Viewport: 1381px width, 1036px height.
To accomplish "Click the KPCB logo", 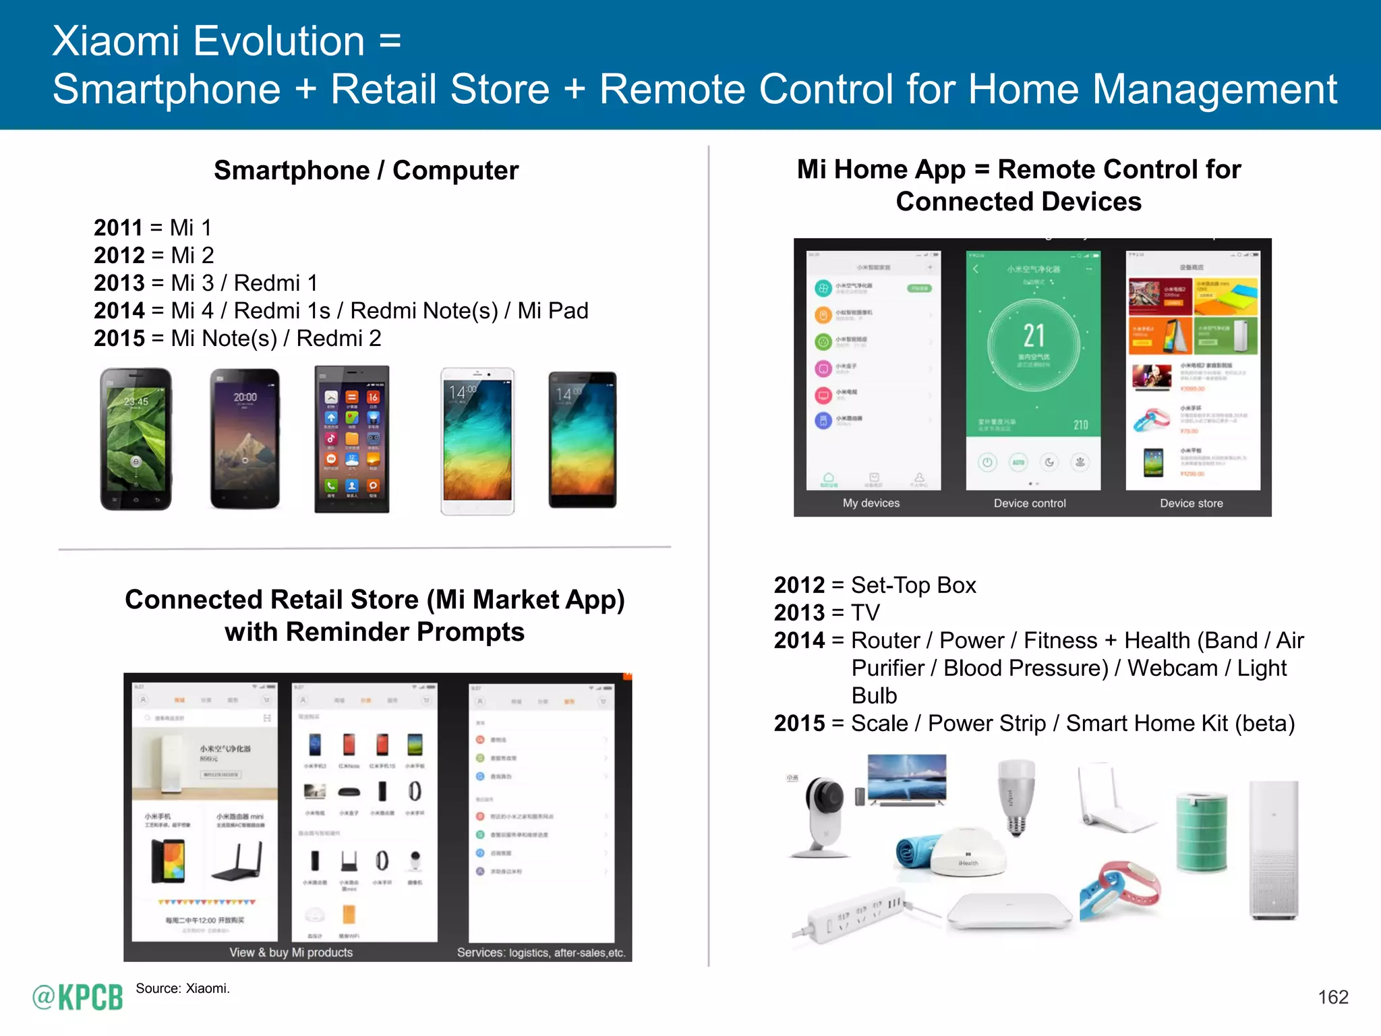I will pos(78,997).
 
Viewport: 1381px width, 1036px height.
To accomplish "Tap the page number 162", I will pos(1332,997).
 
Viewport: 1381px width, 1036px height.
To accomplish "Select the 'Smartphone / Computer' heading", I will pos(366,170).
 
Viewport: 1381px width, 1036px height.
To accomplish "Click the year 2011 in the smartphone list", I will pos(118,228).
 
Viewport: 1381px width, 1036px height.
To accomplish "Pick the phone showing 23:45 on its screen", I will pos(136,438).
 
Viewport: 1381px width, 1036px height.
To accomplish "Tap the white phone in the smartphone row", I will pos(477,441).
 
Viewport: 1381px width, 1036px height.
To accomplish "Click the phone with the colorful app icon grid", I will pos(352,440).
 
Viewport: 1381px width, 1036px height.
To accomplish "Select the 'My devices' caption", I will pos(871,503).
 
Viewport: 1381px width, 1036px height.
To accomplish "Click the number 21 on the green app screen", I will pos(1034,335).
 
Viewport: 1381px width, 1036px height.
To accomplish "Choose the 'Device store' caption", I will pos(1191,503).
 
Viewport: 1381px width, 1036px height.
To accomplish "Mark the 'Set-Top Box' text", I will pos(914,585).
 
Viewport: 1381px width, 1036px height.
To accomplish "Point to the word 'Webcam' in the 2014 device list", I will pos(1173,668).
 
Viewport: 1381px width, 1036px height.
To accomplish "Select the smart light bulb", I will pos(1016,796).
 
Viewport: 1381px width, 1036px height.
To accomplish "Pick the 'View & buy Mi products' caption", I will pos(291,952).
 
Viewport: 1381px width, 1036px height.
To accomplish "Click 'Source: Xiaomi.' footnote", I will pos(183,989).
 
